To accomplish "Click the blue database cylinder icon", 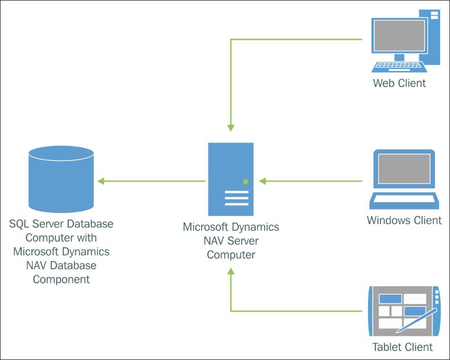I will point(61,180).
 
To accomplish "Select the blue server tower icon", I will point(231,179).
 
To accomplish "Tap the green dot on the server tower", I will point(246,181).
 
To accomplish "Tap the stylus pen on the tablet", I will point(416,321).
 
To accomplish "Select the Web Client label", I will point(399,83).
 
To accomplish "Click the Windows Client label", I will point(404,220).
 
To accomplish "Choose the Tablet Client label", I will point(403,347).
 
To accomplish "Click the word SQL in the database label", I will point(19,223).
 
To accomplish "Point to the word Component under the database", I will point(61,279).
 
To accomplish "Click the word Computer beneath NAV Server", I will point(231,254).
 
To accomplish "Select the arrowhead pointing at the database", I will point(100,181).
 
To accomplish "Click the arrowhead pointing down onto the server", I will point(230,128).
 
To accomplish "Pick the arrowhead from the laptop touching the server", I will point(263,181).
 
